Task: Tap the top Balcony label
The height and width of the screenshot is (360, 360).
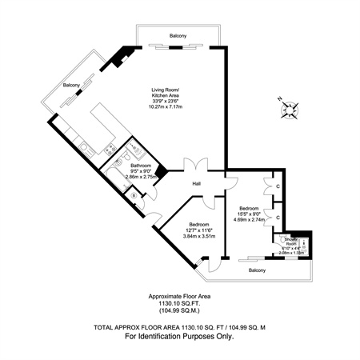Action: click(178, 36)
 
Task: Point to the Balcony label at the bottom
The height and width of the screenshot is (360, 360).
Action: click(255, 271)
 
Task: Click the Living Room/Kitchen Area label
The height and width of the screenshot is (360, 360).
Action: click(166, 93)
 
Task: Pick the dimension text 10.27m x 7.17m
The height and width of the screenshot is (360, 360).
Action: click(166, 107)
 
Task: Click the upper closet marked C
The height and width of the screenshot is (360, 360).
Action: click(277, 188)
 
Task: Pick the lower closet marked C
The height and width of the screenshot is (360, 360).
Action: click(277, 217)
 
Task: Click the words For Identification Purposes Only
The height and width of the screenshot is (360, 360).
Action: click(179, 337)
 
